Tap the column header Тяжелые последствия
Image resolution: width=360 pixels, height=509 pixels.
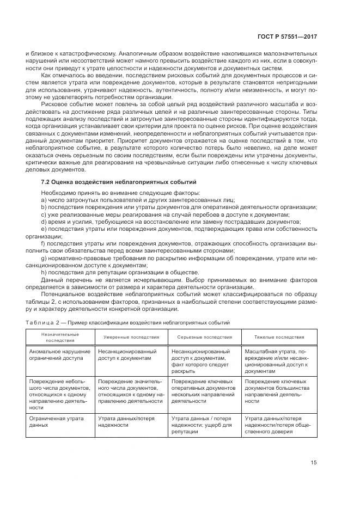[x=279, y=337]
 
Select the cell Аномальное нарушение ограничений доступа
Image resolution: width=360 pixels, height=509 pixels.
[x=57, y=355]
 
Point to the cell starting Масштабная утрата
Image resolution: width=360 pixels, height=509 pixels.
[x=279, y=361]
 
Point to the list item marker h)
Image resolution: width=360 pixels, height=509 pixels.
[x=44, y=272]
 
